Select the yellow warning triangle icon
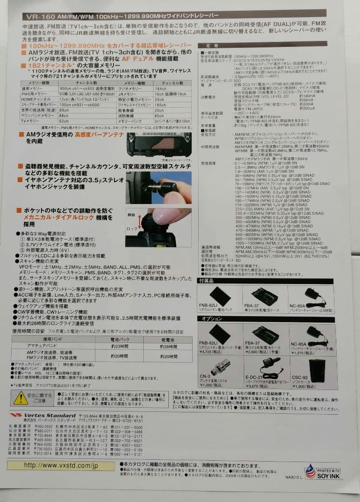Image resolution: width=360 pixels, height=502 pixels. (x=20, y=397)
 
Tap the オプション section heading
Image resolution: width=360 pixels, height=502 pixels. (x=212, y=319)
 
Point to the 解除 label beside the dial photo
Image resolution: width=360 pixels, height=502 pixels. (x=132, y=216)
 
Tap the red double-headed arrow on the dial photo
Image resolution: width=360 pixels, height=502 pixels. (x=140, y=222)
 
